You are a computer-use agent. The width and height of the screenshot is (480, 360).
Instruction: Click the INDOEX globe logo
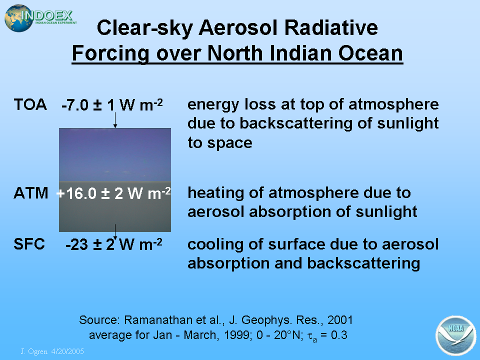[x=40, y=18]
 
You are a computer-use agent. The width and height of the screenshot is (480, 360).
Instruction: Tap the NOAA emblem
[x=455, y=335]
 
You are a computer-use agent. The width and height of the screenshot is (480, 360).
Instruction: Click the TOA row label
[x=30, y=104]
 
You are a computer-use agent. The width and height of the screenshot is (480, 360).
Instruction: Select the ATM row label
[x=31, y=193]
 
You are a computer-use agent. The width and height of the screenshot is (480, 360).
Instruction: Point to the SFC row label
[x=29, y=244]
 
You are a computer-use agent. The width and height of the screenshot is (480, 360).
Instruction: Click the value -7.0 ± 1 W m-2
[x=112, y=105]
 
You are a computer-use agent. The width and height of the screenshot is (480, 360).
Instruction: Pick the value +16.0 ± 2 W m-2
[x=113, y=193]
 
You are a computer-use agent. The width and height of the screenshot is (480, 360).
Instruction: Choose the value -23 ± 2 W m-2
[x=114, y=244]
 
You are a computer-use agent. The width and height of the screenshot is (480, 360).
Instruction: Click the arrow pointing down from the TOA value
[x=115, y=120]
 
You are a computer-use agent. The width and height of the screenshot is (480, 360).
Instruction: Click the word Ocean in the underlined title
[x=370, y=53]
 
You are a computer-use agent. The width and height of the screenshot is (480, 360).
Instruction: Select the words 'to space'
[x=220, y=143]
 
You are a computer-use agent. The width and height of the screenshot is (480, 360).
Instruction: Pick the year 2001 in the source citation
[x=340, y=320]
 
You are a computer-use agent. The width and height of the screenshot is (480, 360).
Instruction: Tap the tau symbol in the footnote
[x=312, y=336]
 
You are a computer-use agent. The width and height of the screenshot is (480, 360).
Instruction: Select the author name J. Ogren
[x=34, y=351]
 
